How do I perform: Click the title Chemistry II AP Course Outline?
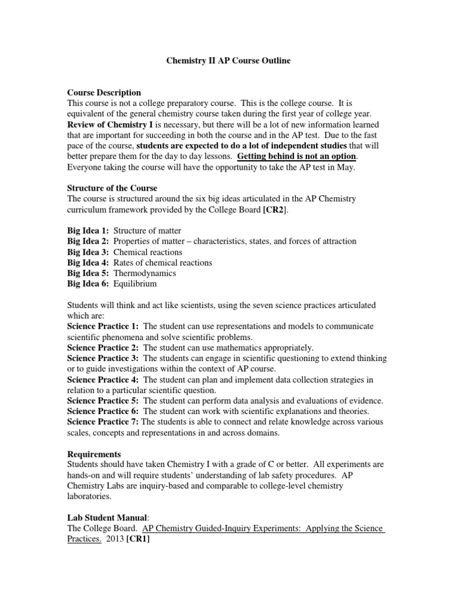(227, 61)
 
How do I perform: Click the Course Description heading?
(104, 93)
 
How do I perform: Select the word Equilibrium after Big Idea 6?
(136, 284)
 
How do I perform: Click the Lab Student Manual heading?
(107, 518)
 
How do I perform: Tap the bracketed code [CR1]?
(139, 539)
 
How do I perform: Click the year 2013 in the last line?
(114, 539)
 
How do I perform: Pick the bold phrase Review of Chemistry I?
(109, 125)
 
